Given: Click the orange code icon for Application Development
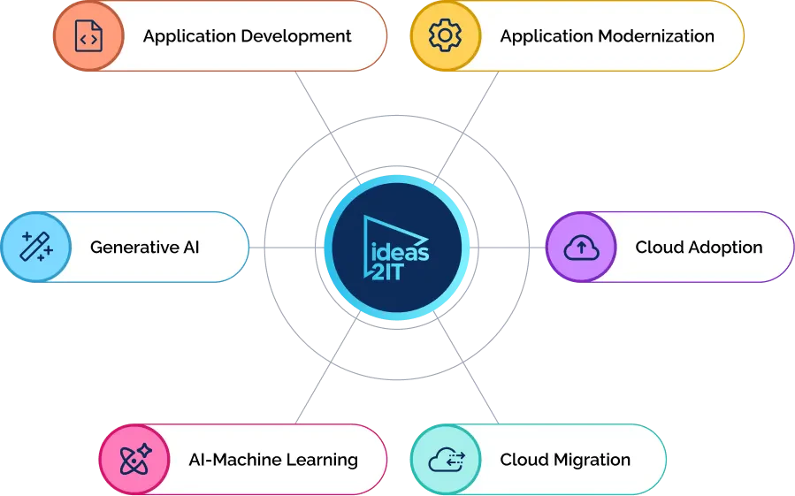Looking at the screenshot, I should (88, 36).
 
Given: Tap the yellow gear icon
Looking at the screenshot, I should (445, 36).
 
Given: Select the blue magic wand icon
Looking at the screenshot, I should (36, 247).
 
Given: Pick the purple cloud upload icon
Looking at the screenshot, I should (581, 247).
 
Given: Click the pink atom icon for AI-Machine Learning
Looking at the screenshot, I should (134, 460).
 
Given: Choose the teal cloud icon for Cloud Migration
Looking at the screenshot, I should (446, 460).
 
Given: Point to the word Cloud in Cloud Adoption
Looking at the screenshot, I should (656, 247).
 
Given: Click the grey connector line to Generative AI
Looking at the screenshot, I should (281, 247).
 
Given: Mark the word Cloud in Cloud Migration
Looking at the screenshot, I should (522, 460).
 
